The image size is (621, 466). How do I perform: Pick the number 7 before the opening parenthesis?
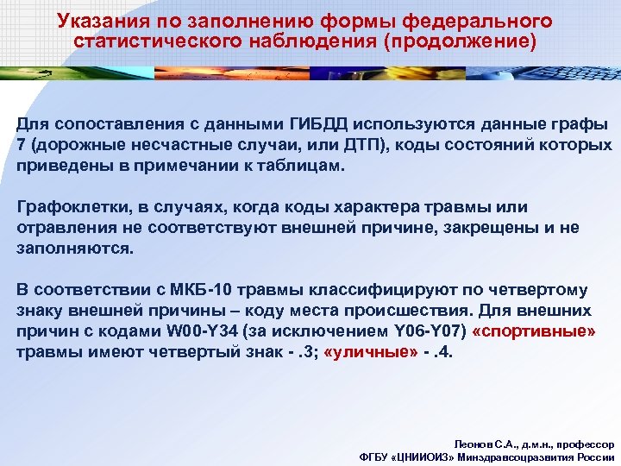21,145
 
